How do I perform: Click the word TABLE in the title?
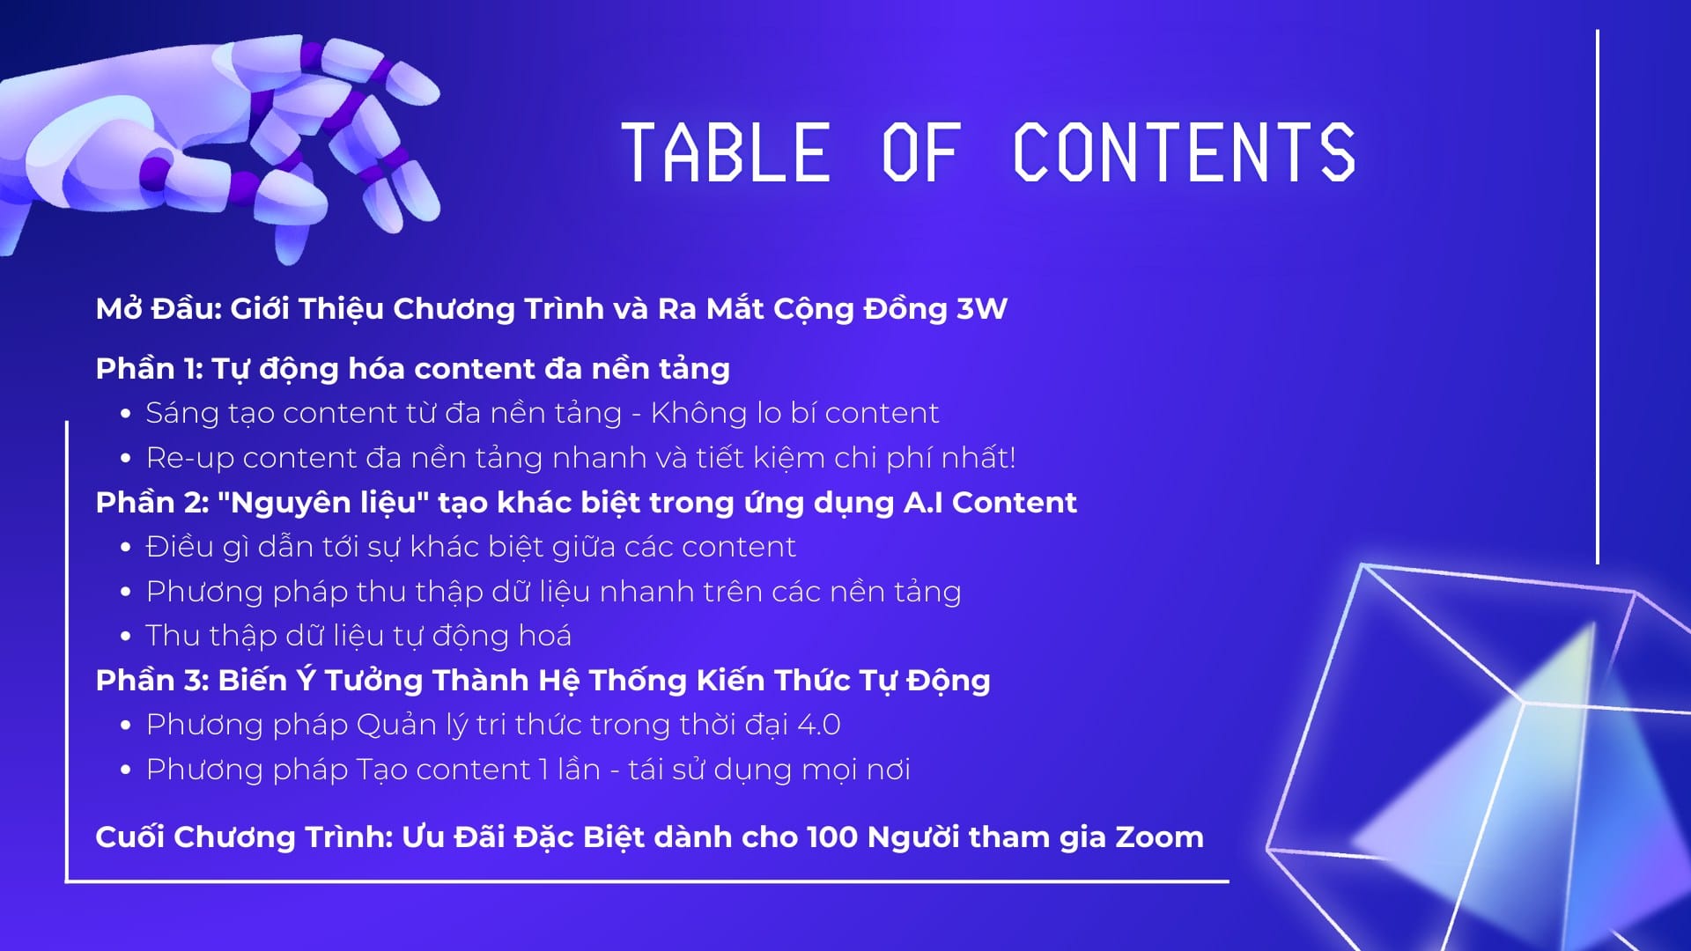click(726, 152)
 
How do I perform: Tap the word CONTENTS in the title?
click(1184, 152)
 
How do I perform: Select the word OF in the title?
click(921, 152)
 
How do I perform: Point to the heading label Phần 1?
click(150, 369)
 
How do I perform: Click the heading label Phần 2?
click(152, 503)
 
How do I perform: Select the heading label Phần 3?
click(152, 681)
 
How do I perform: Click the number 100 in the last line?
click(832, 837)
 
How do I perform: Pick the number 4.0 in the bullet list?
click(818, 725)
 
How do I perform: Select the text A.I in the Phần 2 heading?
click(924, 503)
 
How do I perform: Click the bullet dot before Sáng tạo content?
click(126, 413)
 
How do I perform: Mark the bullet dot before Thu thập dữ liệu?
click(126, 636)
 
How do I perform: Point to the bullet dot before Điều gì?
click(126, 547)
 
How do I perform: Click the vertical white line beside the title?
click(1597, 297)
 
